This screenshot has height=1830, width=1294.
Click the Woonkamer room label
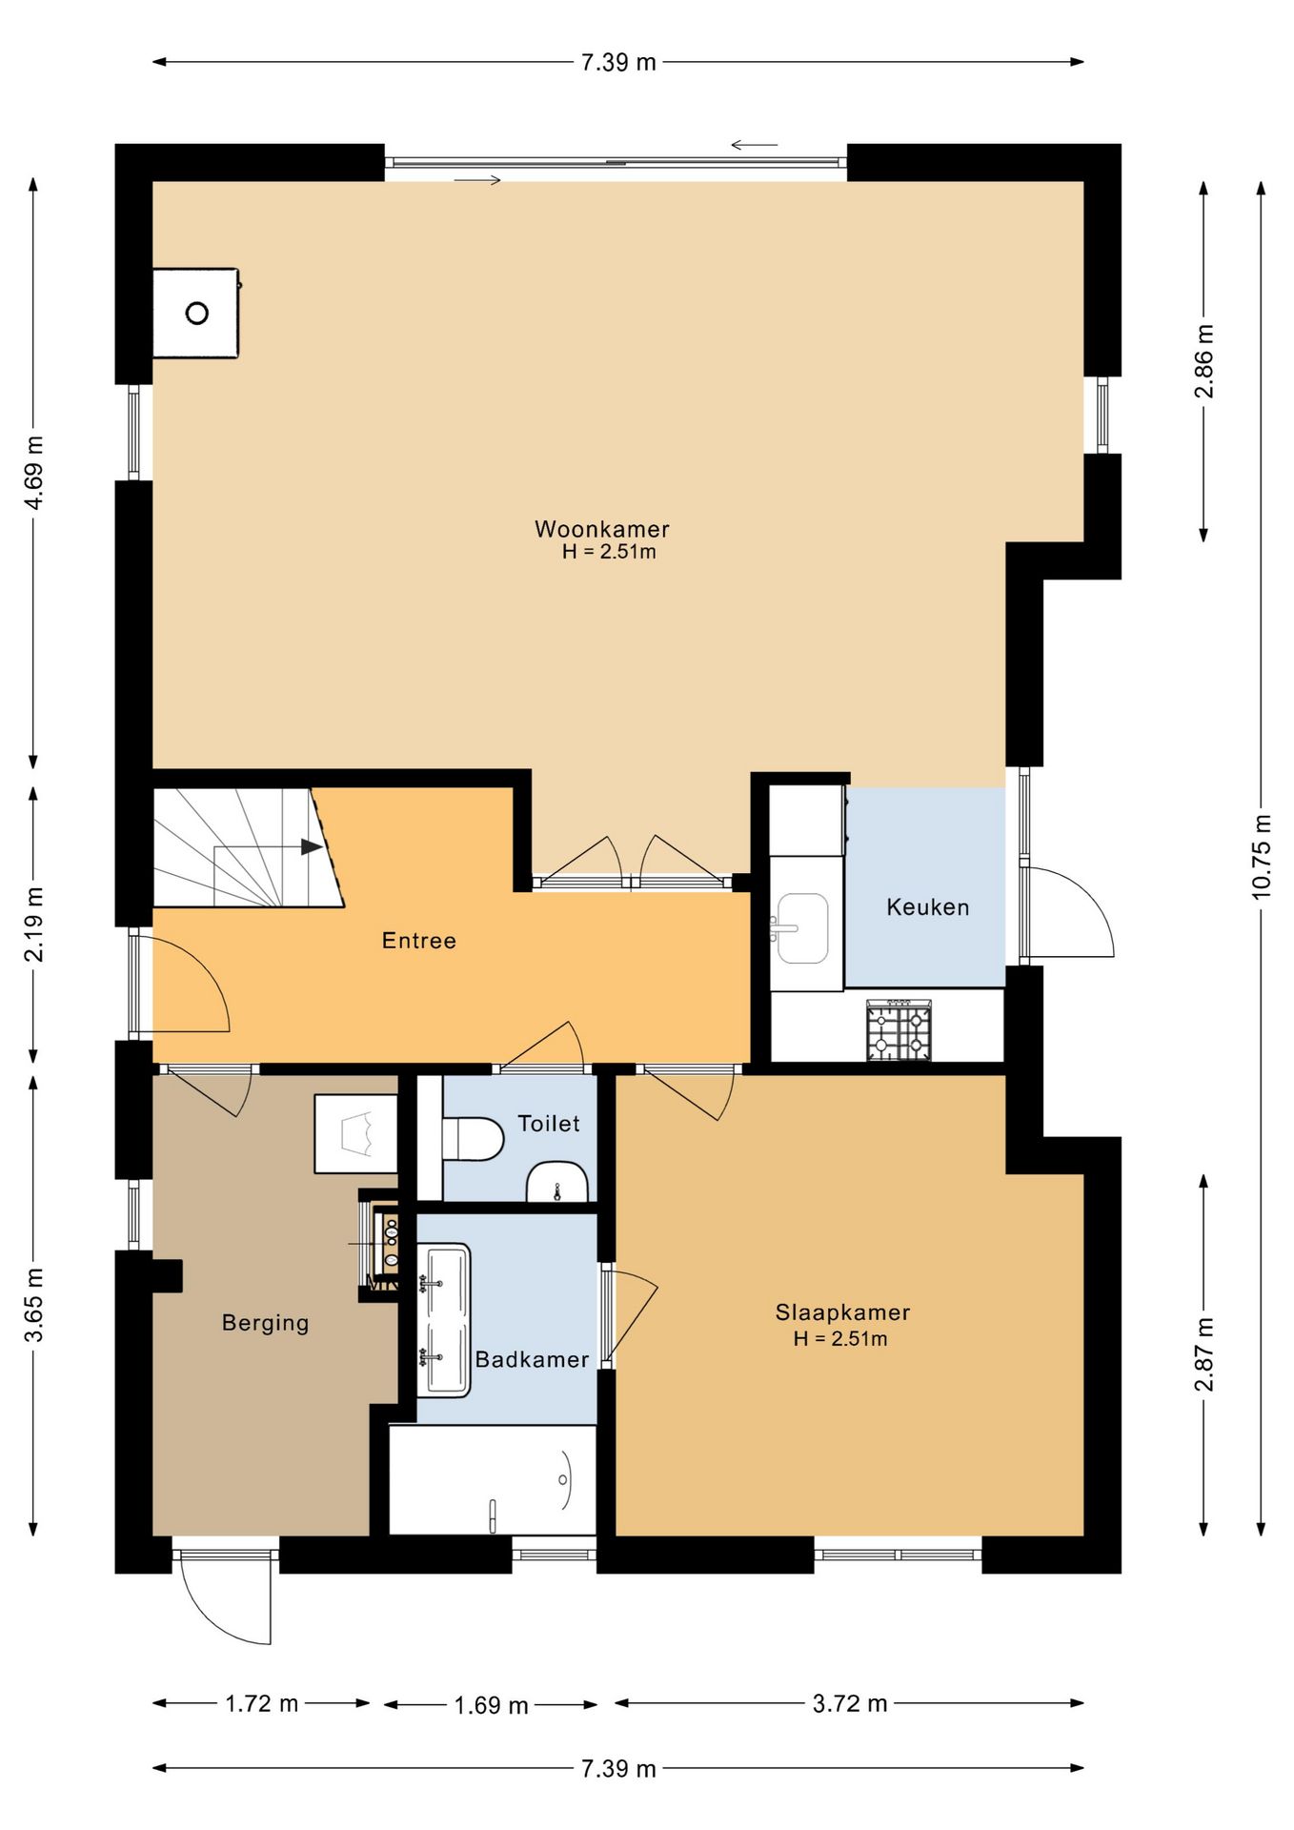tap(602, 529)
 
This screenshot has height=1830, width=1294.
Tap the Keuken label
tap(928, 907)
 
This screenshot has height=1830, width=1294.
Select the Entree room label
tap(419, 941)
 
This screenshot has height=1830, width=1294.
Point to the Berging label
tap(266, 1323)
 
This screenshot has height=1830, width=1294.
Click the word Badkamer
tap(532, 1359)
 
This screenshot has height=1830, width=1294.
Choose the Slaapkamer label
tap(842, 1312)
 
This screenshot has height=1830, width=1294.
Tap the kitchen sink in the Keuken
tap(801, 928)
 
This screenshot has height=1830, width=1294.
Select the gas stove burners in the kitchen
tap(899, 1030)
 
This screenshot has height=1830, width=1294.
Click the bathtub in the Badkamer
tap(493, 1480)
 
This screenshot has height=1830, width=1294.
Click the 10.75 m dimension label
tap(1262, 856)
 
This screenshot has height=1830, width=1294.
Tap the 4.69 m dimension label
tap(33, 473)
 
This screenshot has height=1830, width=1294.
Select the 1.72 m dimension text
tap(262, 1703)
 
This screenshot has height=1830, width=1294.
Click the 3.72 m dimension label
tap(850, 1703)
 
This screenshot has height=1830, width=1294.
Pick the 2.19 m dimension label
tap(33, 925)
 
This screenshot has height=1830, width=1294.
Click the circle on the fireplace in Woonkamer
tap(197, 313)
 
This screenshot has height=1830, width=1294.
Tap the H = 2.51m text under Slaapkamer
tap(840, 1338)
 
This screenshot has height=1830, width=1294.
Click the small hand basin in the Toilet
tap(557, 1182)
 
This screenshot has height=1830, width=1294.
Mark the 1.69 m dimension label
tap(491, 1705)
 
